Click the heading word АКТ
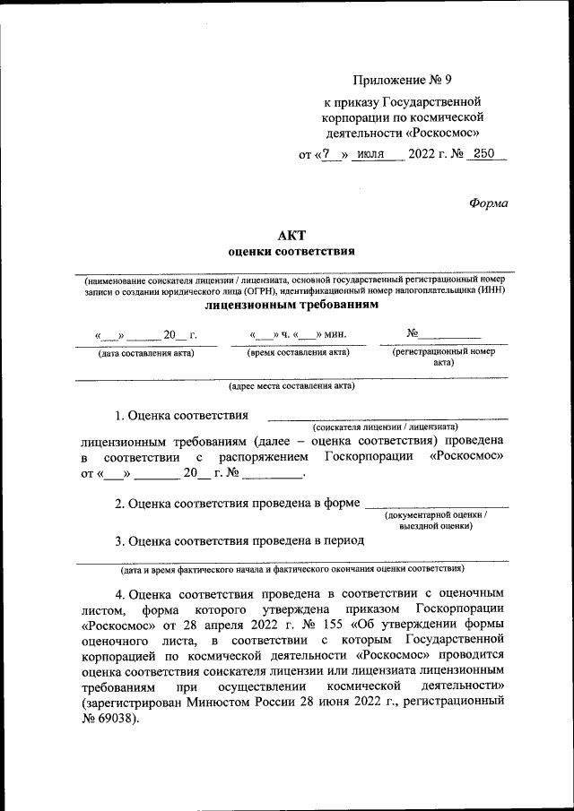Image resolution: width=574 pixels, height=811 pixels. tap(291, 235)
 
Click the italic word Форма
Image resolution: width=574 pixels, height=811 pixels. tap(488, 203)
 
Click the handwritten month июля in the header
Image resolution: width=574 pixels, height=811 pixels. tap(370, 154)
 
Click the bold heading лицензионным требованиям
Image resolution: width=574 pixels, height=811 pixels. tap(291, 305)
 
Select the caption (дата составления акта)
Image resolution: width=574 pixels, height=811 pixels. tap(145, 353)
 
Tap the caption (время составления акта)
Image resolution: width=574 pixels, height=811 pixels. tap(298, 353)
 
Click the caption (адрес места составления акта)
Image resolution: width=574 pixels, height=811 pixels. tap(291, 387)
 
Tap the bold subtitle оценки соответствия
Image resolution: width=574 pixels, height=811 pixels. tap(291, 252)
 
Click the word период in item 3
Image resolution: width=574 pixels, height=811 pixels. tap(344, 541)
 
